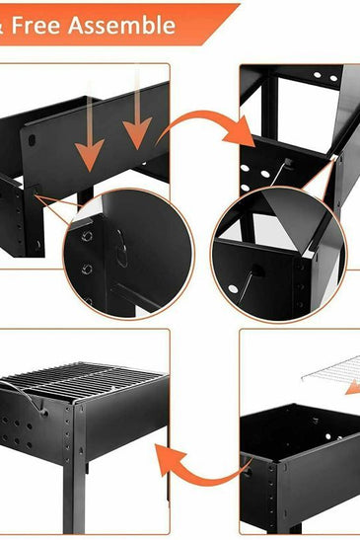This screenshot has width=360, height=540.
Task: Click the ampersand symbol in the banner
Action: pos(5,25)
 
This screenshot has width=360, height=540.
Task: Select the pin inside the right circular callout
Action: pos(255,269)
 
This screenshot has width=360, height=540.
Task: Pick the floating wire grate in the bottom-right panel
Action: pos(330,374)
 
